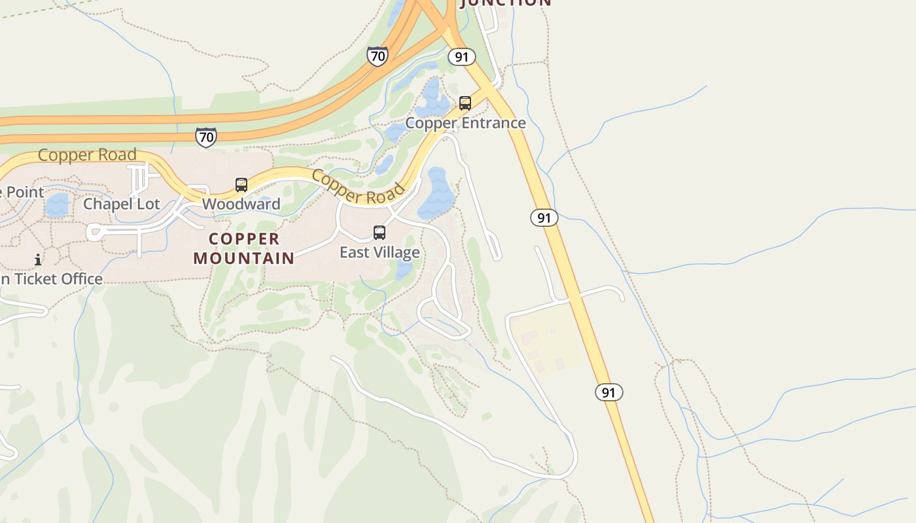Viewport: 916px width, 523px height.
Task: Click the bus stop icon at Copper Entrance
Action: [x=465, y=103]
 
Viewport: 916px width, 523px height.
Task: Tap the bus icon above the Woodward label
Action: [x=241, y=185]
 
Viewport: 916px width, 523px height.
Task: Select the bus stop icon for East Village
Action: [x=379, y=233]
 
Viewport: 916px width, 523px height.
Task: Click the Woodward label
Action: [x=241, y=204]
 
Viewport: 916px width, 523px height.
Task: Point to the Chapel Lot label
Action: [x=121, y=204]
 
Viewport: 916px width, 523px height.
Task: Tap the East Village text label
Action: [x=379, y=252]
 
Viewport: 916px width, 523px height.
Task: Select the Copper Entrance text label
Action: [x=465, y=123]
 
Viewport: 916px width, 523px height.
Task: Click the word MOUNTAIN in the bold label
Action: [x=244, y=258]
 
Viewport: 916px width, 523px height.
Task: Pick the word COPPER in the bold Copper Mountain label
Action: [x=244, y=239]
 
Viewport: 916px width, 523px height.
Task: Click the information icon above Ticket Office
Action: [x=38, y=260]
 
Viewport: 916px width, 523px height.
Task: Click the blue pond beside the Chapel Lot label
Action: [x=57, y=205]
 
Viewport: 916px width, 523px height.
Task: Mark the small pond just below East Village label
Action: [x=404, y=269]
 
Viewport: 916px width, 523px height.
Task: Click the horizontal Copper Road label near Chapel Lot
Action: [x=87, y=155]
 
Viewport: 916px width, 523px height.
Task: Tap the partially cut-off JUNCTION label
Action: [x=506, y=3]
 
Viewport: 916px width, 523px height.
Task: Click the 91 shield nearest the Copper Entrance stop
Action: [x=462, y=57]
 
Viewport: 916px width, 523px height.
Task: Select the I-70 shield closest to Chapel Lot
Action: [x=205, y=137]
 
